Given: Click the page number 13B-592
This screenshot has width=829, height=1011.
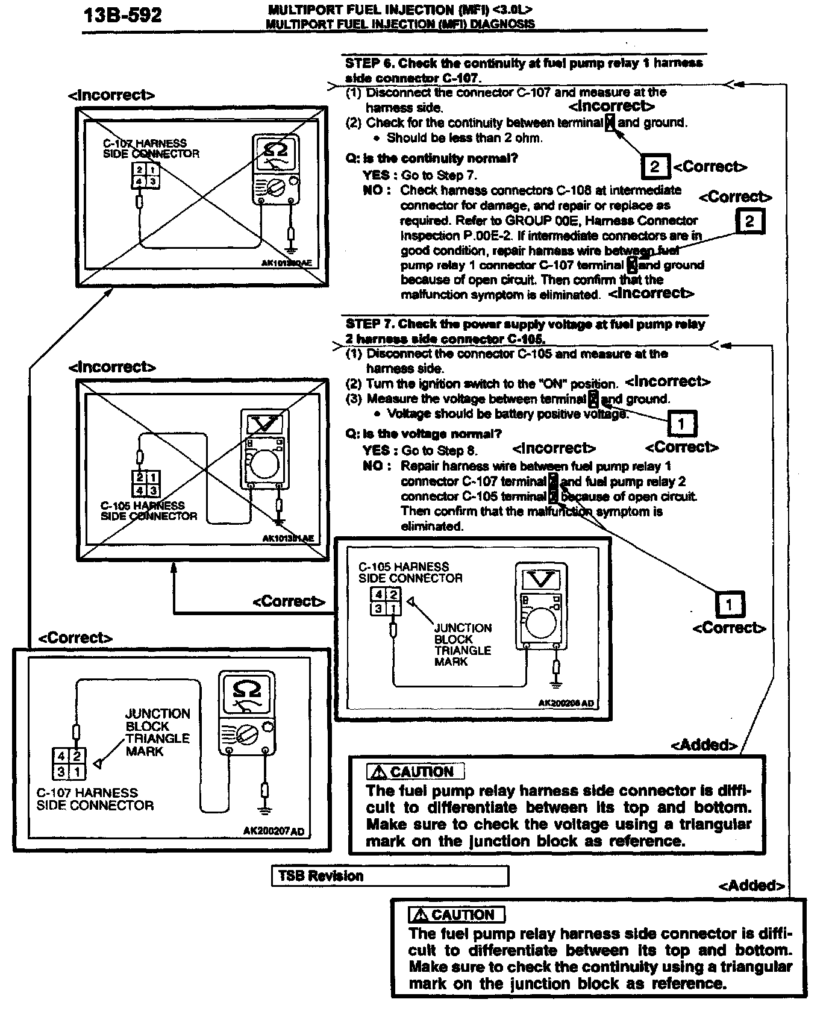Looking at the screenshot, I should click(x=123, y=15).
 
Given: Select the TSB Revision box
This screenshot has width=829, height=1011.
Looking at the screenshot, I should click(x=390, y=875).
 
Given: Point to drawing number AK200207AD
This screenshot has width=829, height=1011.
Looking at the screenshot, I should click(x=274, y=831).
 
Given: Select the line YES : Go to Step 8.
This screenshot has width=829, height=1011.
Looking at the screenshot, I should click(x=420, y=450).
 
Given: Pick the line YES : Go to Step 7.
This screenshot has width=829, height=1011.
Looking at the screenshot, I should click(x=420, y=175).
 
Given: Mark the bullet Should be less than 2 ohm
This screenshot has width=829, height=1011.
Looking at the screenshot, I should click(x=464, y=138).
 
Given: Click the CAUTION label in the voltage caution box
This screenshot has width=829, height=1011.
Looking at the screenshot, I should click(x=416, y=772).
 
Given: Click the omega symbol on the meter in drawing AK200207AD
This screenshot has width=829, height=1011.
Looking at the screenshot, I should click(x=246, y=689).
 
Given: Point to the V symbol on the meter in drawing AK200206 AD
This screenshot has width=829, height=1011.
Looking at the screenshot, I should click(x=540, y=580).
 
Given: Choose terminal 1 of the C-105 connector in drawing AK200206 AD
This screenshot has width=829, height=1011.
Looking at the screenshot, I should click(x=393, y=609).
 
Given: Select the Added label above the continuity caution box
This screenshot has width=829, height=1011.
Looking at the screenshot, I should click(x=751, y=886).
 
